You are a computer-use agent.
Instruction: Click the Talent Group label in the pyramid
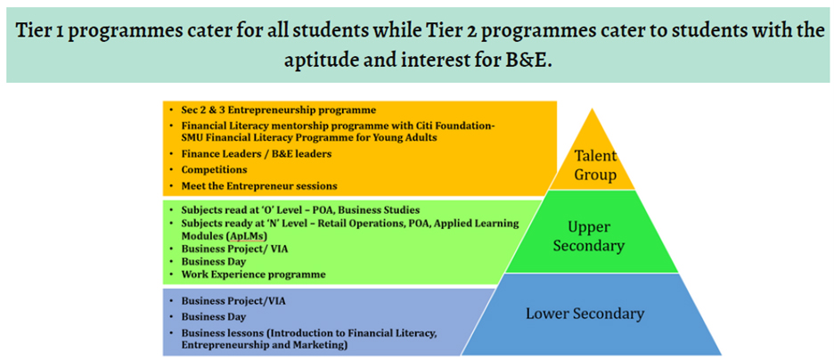click(594, 165)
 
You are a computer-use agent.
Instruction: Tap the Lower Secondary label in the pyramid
click(585, 314)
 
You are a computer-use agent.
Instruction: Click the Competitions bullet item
click(214, 169)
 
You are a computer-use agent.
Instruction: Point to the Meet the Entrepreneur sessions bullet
click(259, 185)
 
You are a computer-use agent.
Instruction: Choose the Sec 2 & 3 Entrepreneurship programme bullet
click(279, 110)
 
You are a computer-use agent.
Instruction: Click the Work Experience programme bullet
click(253, 274)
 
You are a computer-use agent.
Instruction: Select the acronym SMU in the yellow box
click(195, 137)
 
